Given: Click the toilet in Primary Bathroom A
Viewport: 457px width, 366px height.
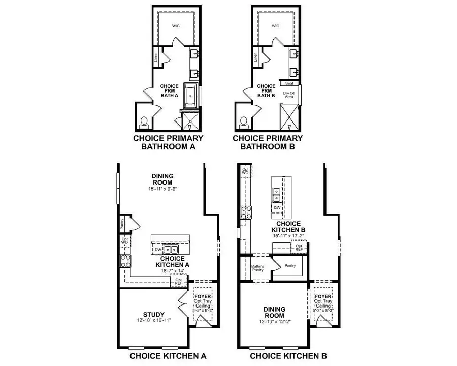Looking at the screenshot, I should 144,121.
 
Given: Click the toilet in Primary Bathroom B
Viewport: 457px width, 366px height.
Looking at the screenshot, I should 244,121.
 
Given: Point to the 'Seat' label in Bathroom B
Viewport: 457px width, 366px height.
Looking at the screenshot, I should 289,83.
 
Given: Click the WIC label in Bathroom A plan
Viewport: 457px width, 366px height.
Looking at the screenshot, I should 176,25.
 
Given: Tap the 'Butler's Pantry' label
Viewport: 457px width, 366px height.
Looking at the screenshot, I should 256,267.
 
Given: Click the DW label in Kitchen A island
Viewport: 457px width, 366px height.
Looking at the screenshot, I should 158,250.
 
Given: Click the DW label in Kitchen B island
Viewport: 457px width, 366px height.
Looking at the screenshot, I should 277,207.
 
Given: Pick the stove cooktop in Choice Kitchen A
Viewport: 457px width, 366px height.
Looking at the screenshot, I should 124,262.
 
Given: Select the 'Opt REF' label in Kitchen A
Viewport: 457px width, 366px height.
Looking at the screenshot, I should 178,281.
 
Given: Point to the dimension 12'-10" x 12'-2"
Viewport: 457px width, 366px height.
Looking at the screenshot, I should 274,317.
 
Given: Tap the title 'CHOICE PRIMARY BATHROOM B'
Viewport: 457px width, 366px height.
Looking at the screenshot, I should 268,142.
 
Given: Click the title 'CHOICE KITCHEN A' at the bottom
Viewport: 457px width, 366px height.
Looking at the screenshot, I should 168,355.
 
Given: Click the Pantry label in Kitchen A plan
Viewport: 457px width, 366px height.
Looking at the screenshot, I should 122,223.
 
